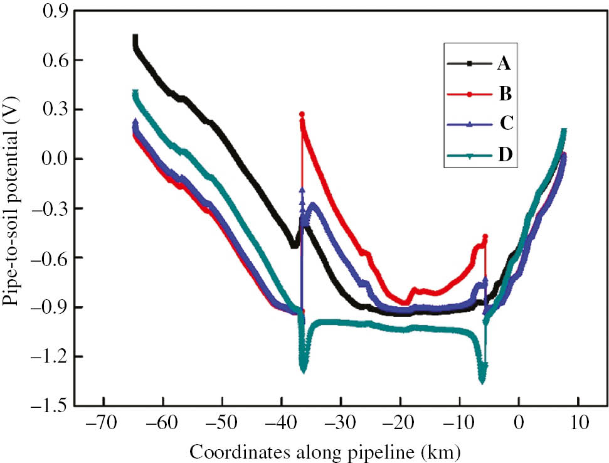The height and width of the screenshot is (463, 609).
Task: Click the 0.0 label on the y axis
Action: click(55, 159)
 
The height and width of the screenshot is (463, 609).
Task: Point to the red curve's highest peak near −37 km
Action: click(302, 115)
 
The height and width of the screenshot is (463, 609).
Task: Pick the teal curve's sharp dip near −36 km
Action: click(304, 370)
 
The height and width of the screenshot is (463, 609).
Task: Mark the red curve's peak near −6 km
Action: click(485, 237)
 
